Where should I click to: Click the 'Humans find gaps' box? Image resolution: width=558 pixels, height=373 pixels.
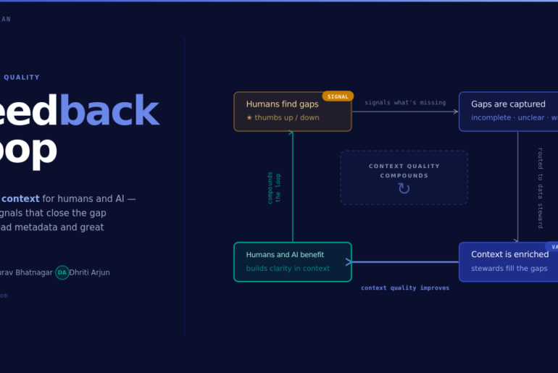[292, 112]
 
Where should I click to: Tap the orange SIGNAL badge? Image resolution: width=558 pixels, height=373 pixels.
[338, 96]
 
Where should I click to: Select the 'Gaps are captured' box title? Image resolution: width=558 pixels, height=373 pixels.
[508, 104]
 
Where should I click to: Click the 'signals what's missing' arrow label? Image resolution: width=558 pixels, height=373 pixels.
[405, 103]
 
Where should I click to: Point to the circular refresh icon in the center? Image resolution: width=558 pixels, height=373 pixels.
[404, 189]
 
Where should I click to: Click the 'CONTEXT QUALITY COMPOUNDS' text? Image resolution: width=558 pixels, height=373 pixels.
[404, 171]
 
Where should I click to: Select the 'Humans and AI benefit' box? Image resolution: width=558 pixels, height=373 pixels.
[292, 261]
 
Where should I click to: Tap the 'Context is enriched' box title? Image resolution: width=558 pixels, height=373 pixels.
[509, 254]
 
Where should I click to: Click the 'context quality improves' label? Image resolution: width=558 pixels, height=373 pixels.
[405, 288]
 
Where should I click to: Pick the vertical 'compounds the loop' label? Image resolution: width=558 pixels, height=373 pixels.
[274, 188]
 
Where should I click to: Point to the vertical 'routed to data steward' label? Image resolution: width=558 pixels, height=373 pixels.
[540, 188]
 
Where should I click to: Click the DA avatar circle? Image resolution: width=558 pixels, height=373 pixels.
[62, 272]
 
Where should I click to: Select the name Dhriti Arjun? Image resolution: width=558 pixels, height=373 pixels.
[90, 272]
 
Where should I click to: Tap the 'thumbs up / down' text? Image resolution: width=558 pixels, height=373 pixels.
[287, 117]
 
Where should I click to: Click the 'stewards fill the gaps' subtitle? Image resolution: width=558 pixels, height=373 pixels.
[509, 269]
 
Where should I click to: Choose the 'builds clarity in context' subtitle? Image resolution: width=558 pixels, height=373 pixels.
[288, 269]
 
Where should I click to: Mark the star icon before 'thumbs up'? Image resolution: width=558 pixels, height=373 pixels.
[249, 117]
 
